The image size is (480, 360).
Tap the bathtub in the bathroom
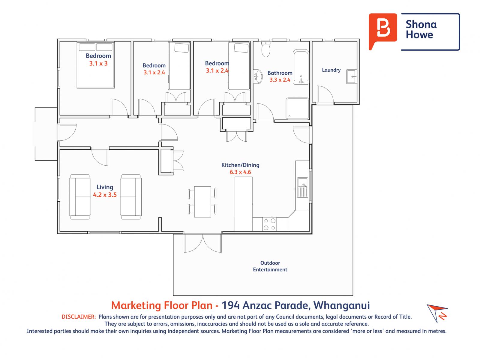301,67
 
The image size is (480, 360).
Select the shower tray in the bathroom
297,109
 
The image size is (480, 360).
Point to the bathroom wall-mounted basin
258,76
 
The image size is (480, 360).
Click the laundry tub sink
351,76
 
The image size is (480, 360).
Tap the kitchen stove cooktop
269,224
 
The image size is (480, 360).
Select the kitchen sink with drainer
303,187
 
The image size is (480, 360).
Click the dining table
202,202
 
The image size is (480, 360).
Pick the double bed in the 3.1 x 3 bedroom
96,65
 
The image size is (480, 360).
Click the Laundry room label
331,70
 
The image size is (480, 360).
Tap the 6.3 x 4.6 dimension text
240,172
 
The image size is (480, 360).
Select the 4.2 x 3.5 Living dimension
105,195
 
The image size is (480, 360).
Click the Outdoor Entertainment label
270,266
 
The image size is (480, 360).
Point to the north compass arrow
436,313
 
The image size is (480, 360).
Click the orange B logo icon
382,31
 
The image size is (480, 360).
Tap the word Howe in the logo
419,35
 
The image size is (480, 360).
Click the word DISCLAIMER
79,317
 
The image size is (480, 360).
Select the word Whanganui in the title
342,306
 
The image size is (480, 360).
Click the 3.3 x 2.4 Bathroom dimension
280,80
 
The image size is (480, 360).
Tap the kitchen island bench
243,204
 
